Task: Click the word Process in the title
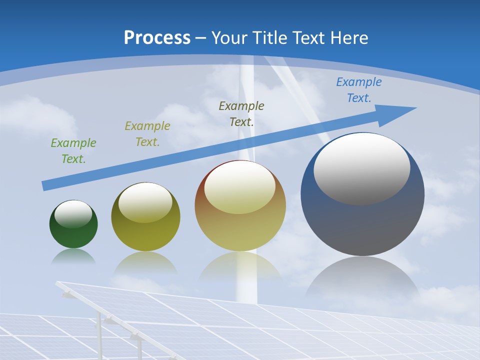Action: (157, 38)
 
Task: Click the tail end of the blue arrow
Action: (45, 186)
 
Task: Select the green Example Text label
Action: (73, 150)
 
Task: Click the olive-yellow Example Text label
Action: (147, 133)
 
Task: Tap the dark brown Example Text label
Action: (241, 113)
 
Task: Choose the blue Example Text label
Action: (359, 90)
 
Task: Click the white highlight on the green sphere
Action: (73, 214)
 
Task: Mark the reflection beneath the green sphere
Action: (73, 256)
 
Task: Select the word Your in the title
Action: (228, 38)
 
